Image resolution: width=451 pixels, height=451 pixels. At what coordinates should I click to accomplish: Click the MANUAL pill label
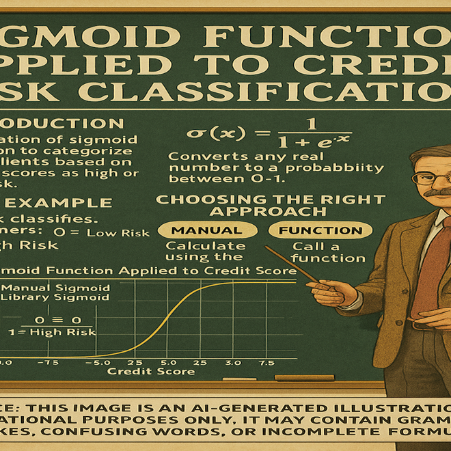(206, 230)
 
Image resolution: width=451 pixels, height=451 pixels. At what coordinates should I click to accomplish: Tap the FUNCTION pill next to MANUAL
(320, 230)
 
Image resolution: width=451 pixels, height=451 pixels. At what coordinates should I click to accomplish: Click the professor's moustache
(437, 193)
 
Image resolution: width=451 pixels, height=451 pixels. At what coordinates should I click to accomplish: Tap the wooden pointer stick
(294, 266)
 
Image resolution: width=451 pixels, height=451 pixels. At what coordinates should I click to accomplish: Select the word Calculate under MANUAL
(199, 246)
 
